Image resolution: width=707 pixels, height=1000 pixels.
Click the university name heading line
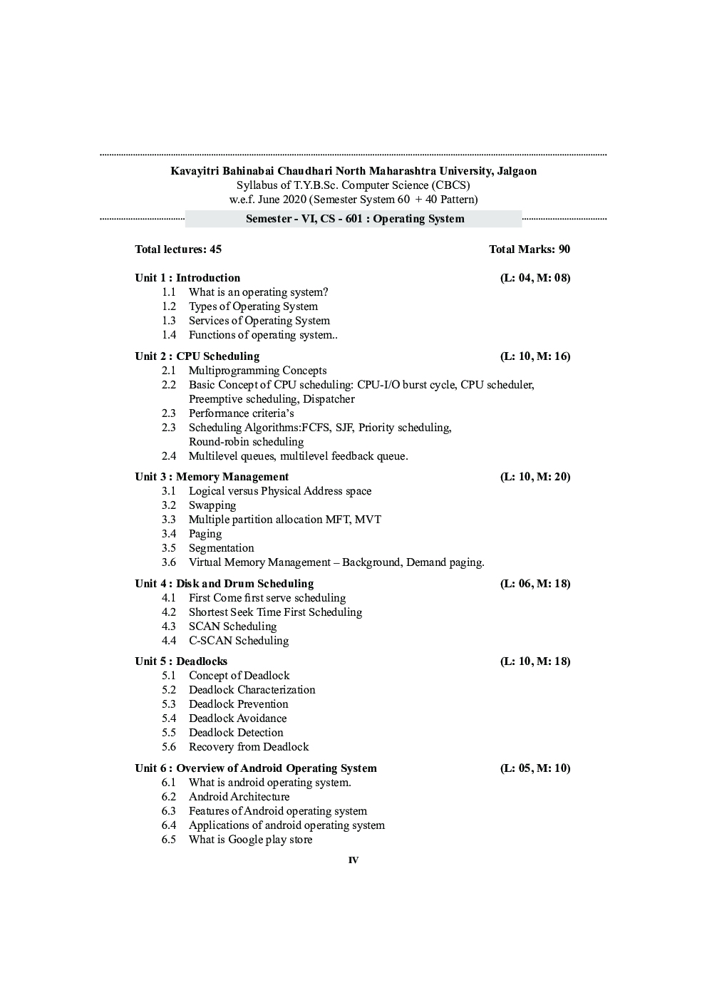tap(353, 171)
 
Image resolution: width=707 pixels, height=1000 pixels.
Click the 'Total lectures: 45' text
tap(178, 249)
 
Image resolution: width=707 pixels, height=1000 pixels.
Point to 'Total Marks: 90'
tap(529, 249)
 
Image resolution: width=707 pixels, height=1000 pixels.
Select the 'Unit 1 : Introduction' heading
tap(187, 277)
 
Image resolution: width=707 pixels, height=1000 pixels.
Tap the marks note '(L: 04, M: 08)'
tap(535, 277)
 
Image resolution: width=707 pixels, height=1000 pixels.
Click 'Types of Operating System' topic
tap(253, 306)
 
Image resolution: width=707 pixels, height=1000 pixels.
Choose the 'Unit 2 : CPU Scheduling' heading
tap(197, 356)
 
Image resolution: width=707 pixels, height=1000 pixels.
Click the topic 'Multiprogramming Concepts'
tap(257, 370)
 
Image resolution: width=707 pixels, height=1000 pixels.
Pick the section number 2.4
tap(168, 455)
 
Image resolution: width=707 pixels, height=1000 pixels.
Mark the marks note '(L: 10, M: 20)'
tap(535, 476)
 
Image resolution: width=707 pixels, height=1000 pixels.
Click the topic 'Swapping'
tap(212, 505)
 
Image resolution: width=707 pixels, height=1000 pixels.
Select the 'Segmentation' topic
tap(221, 547)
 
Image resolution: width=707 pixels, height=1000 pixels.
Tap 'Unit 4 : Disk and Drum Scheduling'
tap(224, 583)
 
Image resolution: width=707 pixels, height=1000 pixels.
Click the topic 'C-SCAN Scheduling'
tap(239, 640)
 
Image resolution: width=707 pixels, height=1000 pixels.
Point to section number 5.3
tap(168, 703)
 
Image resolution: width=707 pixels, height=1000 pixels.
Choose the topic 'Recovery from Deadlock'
tap(249, 746)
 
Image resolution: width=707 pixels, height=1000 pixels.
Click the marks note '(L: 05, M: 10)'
tap(535, 768)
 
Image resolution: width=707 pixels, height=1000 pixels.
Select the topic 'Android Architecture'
tap(239, 796)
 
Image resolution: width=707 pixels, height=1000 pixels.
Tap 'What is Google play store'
tap(250, 839)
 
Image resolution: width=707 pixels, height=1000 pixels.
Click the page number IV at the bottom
tap(353, 860)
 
